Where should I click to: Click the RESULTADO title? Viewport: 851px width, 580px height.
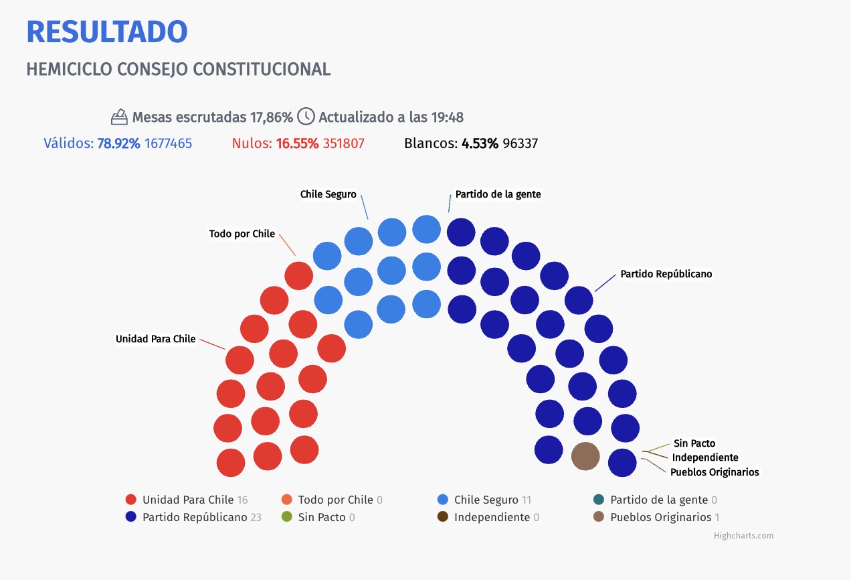107,31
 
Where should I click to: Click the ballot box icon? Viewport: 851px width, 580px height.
119,117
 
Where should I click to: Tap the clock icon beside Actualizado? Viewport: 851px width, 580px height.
306,116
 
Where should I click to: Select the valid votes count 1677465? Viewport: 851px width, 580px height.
169,143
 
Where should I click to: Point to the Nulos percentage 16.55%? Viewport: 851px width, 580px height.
297,143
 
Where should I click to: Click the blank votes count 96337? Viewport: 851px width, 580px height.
520,143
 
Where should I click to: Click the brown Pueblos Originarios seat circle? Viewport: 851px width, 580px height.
585,456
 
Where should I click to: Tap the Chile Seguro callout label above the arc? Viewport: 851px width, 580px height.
328,194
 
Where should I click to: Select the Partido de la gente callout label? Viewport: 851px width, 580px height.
498,194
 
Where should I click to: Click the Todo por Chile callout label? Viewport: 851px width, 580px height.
242,234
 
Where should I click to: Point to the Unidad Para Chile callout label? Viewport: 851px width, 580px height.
156,339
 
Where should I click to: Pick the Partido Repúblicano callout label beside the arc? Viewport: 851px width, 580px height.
666,274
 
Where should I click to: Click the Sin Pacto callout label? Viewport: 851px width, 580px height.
694,443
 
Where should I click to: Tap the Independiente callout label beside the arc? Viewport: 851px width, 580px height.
705,457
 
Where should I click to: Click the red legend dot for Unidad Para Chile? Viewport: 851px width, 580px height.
130,500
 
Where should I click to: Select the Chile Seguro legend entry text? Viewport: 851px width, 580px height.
486,500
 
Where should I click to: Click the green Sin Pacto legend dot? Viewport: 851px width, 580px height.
287,517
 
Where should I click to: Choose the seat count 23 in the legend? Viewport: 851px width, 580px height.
256,517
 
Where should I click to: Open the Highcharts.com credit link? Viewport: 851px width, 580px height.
743,536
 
